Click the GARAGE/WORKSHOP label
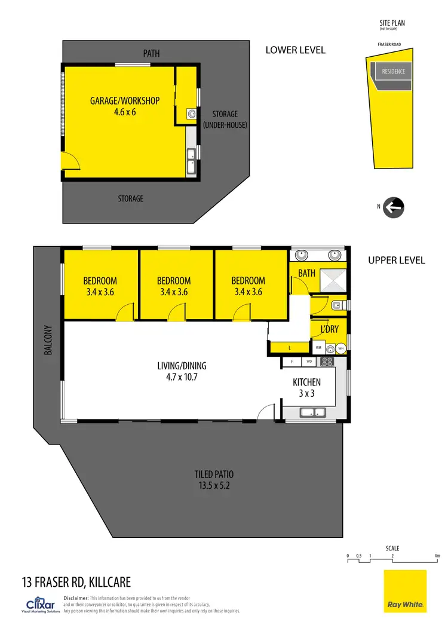click(x=125, y=101)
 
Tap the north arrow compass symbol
click(x=394, y=207)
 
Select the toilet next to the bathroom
click(x=336, y=306)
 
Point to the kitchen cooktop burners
click(x=327, y=362)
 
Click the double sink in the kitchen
click(x=312, y=412)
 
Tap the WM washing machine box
click(x=318, y=348)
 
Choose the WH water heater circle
click(x=340, y=348)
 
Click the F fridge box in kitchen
click(x=291, y=362)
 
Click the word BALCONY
click(x=48, y=341)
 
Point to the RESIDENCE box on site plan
click(x=393, y=72)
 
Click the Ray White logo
click(x=405, y=591)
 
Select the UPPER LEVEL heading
click(x=396, y=261)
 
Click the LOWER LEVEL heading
click(x=295, y=50)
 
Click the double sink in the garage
click(x=191, y=161)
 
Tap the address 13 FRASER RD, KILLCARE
click(x=76, y=581)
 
